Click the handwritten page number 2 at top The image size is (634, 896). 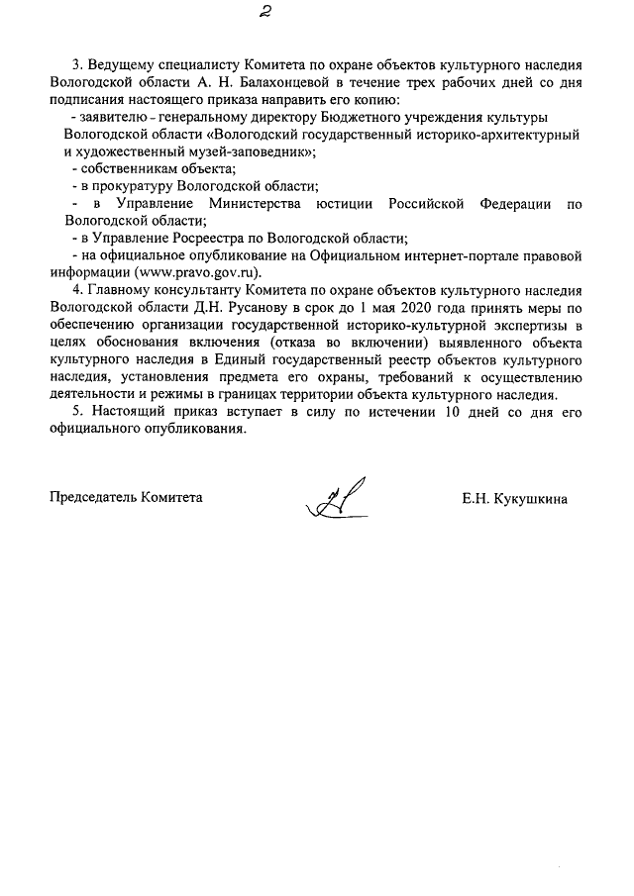[x=264, y=12]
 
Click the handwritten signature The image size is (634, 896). [x=338, y=498]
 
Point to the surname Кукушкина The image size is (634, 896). [x=530, y=497]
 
